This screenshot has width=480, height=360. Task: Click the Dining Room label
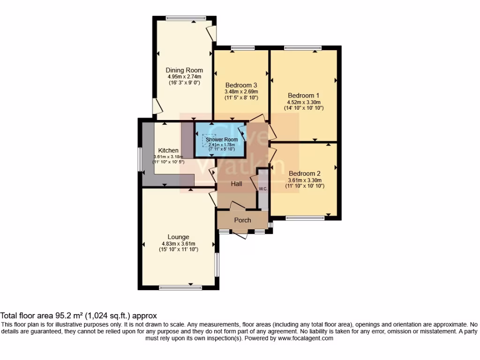[184, 70]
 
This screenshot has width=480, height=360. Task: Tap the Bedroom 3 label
[241, 85]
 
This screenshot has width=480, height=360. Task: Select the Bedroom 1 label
[303, 96]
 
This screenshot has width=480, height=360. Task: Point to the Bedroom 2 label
[305, 173]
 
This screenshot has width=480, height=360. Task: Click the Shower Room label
[222, 140]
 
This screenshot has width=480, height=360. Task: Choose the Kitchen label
[168, 150]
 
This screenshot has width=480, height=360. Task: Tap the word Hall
[236, 184]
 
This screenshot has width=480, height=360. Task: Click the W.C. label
[263, 189]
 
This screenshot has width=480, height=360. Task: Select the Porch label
[242, 220]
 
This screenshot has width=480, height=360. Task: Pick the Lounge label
[178, 237]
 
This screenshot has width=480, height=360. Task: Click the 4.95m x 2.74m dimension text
[184, 76]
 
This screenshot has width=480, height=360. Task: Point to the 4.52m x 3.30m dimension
[304, 102]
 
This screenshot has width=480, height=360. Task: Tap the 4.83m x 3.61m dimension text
[179, 244]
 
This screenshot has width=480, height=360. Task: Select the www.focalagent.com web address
[306, 338]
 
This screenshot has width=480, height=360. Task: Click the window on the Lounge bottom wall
[180, 287]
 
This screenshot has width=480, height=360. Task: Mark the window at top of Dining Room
[186, 18]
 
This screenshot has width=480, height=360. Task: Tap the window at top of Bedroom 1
[303, 48]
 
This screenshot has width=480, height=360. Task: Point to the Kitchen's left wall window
[140, 159]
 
